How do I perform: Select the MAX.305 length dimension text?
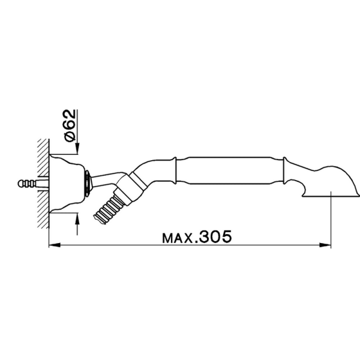pos(196,237)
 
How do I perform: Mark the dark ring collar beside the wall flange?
pos(89,182)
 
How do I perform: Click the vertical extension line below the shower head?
pos(331,222)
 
